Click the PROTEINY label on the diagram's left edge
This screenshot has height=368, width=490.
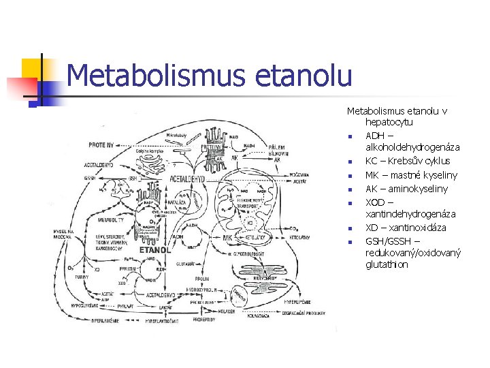(x=101, y=144)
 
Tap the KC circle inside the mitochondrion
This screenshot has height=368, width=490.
(x=250, y=223)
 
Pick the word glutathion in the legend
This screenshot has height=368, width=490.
(x=387, y=264)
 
